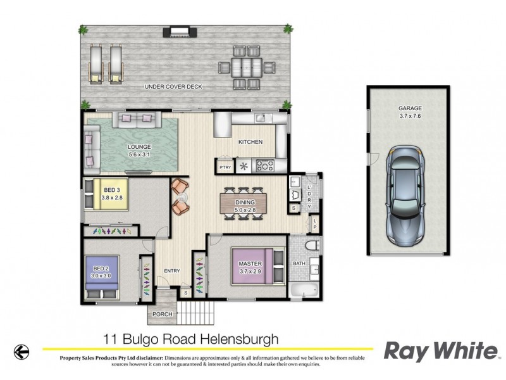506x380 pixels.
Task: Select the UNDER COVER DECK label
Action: (173, 87)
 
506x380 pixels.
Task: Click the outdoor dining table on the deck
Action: (247, 66)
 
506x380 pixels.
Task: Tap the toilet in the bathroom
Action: (312, 245)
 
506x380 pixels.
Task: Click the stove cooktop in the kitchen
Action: (266, 166)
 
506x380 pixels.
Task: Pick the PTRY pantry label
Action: (224, 167)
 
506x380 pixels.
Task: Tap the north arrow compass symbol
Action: (22, 350)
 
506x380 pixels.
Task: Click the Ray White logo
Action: (441, 350)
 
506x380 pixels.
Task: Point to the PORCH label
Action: (160, 313)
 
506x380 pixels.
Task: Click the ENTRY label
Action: (172, 271)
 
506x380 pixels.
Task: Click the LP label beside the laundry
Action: (315, 223)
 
